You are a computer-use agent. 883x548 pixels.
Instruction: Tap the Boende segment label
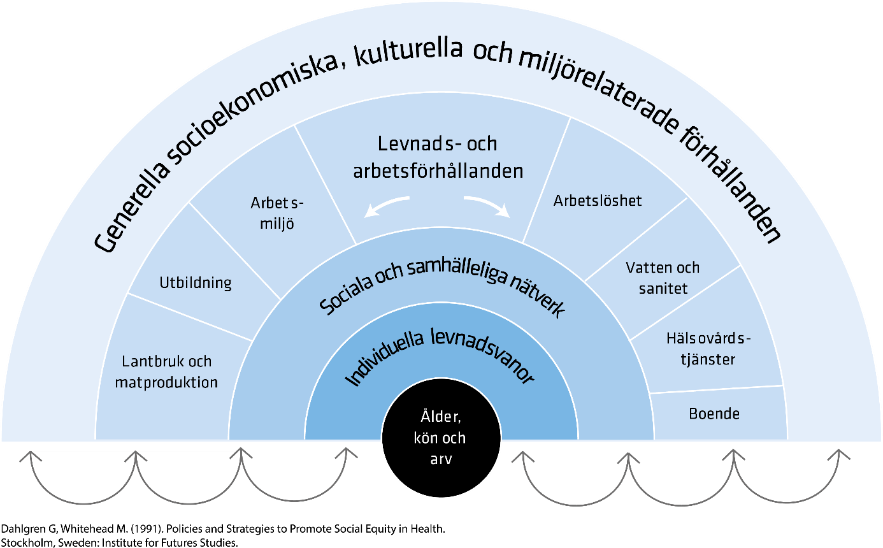pos(714,414)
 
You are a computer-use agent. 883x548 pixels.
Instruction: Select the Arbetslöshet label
pos(598,201)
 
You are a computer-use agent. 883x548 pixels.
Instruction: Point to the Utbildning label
pos(195,282)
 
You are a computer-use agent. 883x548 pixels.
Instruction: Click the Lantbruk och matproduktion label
pos(167,372)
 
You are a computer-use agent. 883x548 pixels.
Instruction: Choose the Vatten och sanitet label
pos(663,278)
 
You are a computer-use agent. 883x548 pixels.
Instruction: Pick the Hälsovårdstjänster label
pos(708,349)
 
